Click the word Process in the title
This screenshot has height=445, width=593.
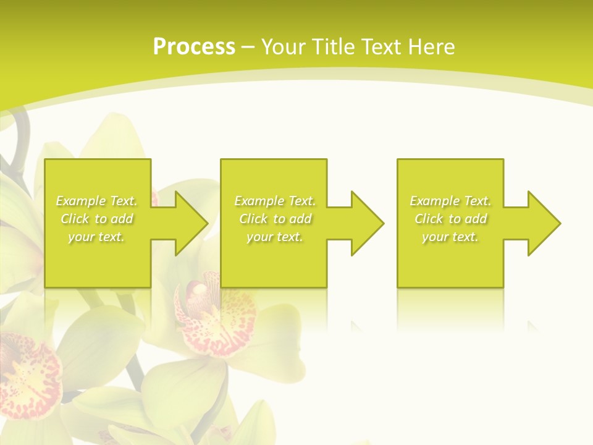194,47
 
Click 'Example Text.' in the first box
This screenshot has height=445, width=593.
96,201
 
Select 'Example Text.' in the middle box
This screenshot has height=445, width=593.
274,201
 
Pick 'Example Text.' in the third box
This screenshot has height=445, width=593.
450,201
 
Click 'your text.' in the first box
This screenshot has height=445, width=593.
96,237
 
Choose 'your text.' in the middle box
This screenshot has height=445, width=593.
274,237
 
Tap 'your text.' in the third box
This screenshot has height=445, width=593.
450,237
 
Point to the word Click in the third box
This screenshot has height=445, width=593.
429,219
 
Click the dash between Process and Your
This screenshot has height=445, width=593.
248,48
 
